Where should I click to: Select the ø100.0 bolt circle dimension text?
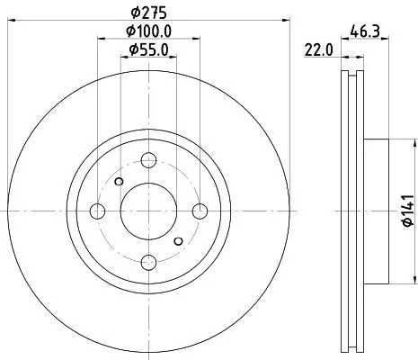point(148,31)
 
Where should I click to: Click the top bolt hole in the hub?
point(148,160)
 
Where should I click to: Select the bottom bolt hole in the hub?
point(148,261)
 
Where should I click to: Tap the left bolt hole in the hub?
point(98,211)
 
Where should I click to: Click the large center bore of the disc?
point(148,211)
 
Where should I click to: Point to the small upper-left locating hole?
point(119,181)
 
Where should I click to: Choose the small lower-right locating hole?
point(179,240)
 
